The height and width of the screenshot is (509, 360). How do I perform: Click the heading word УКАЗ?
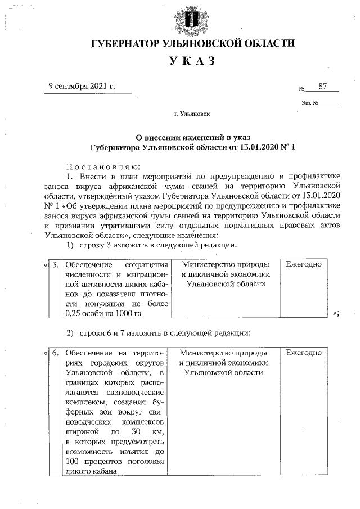pos(193,61)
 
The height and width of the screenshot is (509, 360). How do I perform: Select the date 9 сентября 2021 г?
pos(82,86)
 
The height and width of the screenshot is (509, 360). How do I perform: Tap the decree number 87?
pos(322,86)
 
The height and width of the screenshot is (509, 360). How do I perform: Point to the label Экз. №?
pos(310,103)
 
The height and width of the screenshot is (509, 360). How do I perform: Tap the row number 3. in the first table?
pos(55,264)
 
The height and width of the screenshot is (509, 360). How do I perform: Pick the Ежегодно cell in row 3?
pos(304,264)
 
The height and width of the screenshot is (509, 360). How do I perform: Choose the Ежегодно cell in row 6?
pos(304,353)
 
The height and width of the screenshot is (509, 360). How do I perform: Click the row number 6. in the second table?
pos(55,353)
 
